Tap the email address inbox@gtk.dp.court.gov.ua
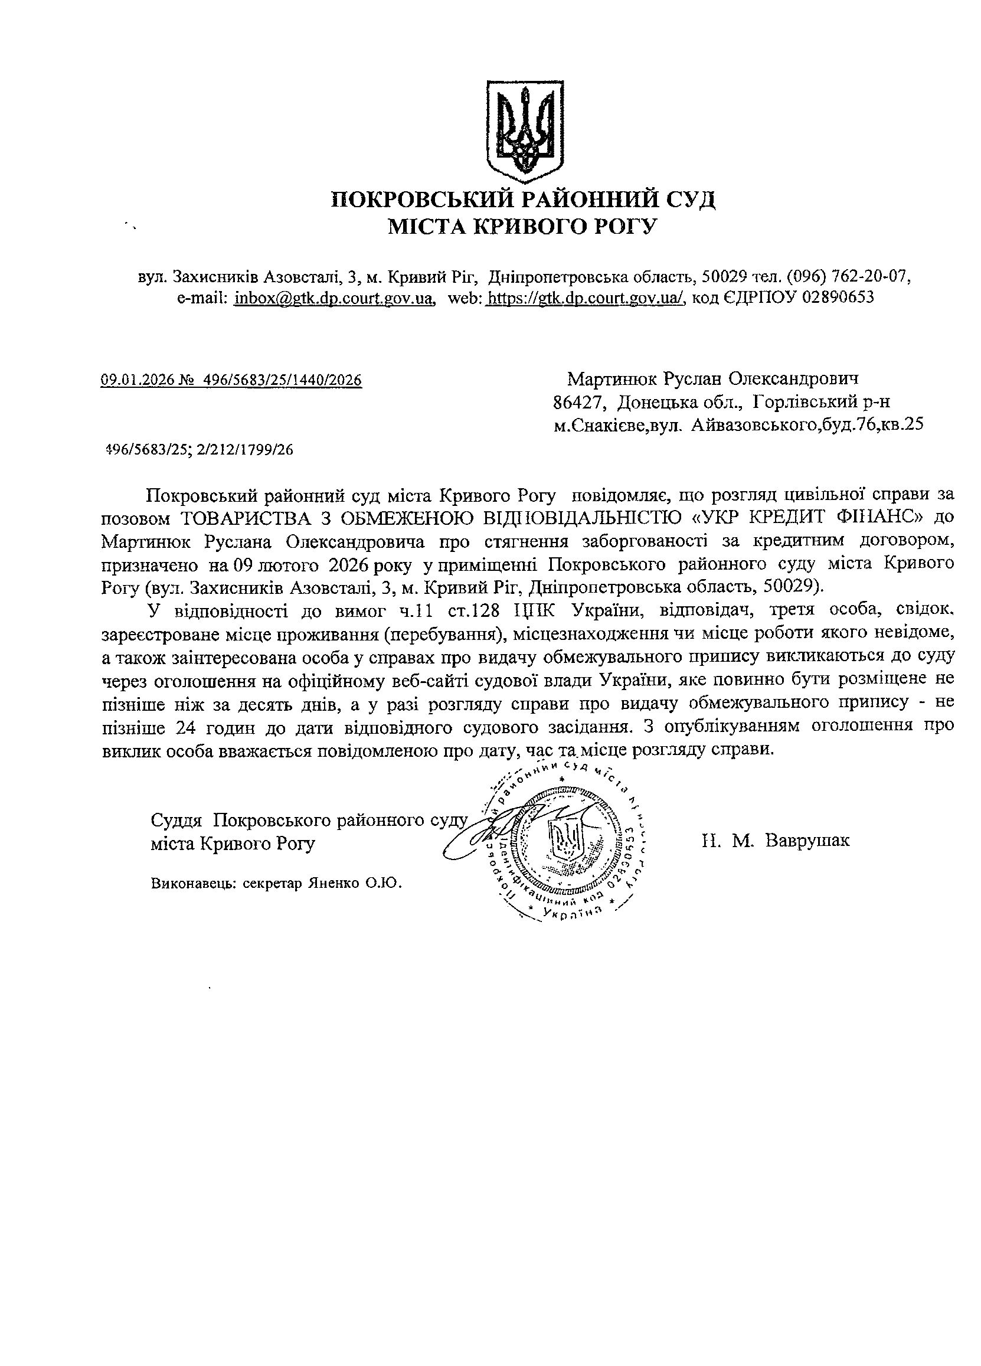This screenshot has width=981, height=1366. (333, 298)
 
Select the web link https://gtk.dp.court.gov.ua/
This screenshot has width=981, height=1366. (585, 298)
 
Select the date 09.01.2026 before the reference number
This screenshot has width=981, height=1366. (137, 380)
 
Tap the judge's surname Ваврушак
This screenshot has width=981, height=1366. (807, 840)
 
